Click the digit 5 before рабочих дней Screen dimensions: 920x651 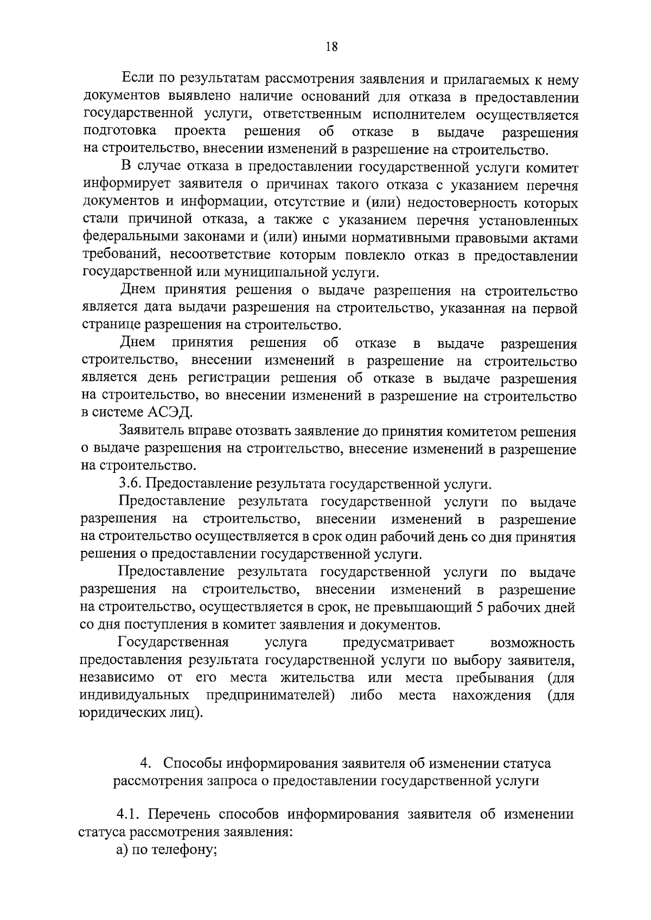point(479,607)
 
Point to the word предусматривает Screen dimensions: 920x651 point(399,643)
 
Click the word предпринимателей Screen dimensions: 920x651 point(269,696)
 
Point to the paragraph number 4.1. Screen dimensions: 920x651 point(130,815)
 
